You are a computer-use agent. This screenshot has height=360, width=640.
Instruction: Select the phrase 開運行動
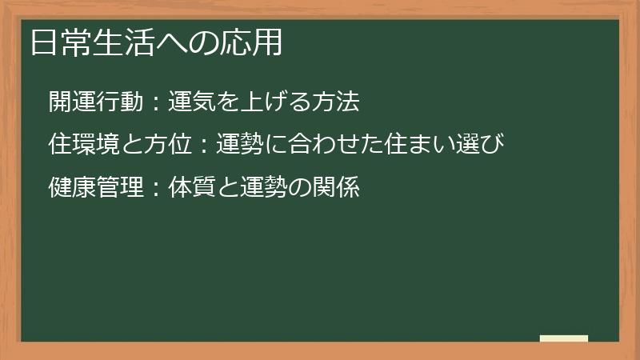coord(95,102)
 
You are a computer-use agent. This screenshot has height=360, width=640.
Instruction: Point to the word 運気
coord(191,102)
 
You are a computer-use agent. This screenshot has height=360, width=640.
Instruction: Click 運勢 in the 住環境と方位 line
coord(239,145)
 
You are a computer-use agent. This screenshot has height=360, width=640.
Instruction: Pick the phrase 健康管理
coord(95,188)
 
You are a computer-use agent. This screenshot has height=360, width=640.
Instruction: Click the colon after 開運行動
coord(155,102)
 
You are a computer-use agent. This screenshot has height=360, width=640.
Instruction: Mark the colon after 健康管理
coord(155,189)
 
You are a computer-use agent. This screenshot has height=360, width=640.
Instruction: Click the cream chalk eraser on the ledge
coord(563,338)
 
